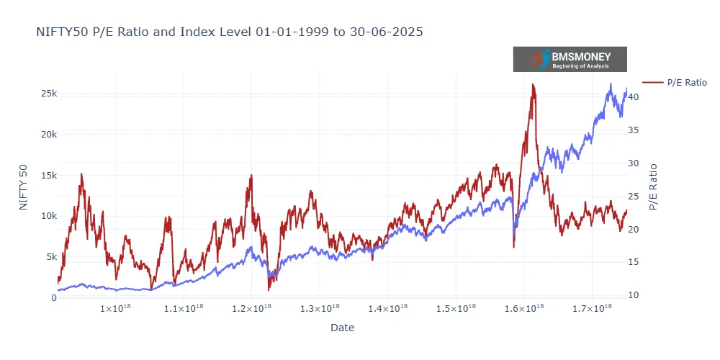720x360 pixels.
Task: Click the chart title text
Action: [229, 32]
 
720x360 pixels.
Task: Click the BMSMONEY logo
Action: [570, 59]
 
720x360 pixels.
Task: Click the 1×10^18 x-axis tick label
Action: [116, 309]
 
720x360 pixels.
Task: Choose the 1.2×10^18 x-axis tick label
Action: [252, 309]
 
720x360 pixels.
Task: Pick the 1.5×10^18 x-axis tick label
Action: [456, 309]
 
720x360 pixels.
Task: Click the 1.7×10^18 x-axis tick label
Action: [592, 309]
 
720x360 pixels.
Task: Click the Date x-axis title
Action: [342, 328]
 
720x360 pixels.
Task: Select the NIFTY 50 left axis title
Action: [24, 187]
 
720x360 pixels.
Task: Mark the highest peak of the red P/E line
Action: [533, 84]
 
